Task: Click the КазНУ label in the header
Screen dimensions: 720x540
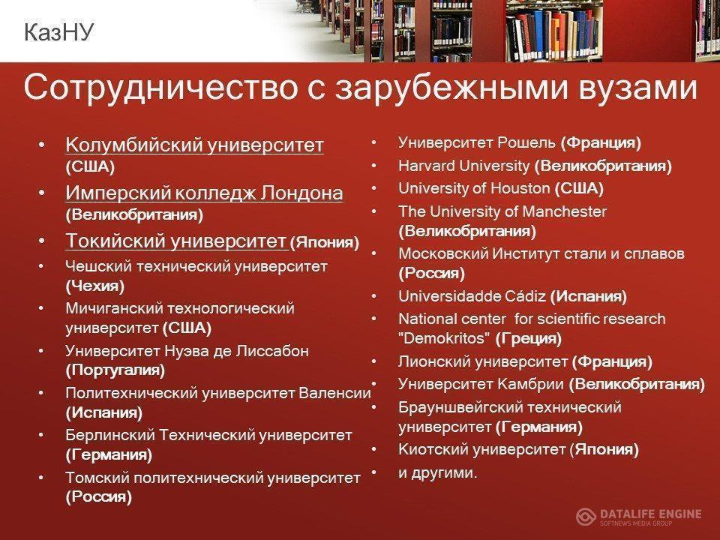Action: [x=58, y=32]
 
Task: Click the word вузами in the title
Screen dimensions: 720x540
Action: [x=637, y=87]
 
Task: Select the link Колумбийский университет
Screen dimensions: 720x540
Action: [x=195, y=145]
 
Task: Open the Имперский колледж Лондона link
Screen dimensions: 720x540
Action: [x=204, y=193]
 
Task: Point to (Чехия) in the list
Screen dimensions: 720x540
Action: [x=95, y=286]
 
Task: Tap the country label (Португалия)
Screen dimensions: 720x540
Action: [x=115, y=370]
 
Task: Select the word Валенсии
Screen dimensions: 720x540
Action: [x=334, y=393]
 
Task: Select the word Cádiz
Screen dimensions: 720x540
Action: [x=525, y=296]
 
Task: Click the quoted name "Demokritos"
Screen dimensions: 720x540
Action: [x=444, y=338]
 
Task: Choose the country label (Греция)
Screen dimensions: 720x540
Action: [x=529, y=339]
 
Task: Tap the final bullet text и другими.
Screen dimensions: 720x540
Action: [x=438, y=472]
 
